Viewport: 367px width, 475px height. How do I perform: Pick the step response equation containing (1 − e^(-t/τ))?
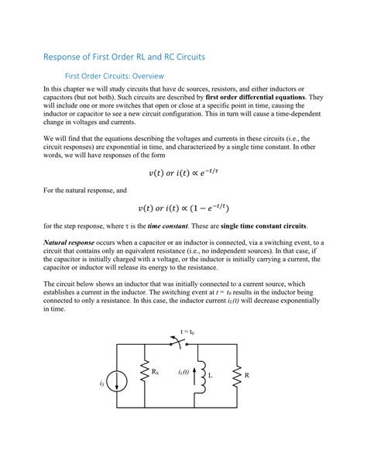point(183,208)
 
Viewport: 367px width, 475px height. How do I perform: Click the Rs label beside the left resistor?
point(155,372)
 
